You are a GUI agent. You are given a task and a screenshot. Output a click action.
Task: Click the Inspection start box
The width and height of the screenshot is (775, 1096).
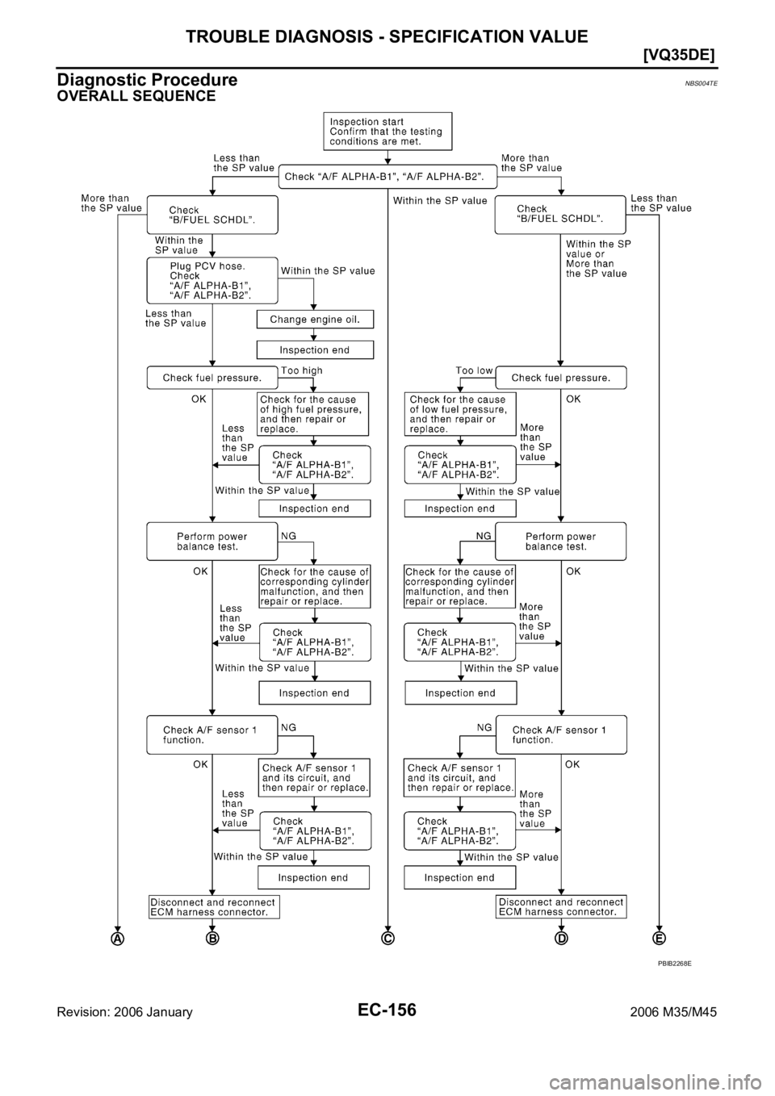[387, 131]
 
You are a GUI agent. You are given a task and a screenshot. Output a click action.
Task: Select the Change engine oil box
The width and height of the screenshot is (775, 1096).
[315, 320]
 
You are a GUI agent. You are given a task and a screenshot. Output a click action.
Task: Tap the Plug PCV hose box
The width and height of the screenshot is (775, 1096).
[212, 280]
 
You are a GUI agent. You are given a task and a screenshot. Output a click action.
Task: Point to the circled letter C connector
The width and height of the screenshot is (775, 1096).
[387, 939]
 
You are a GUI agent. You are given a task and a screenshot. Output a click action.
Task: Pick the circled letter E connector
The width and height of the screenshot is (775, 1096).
[659, 939]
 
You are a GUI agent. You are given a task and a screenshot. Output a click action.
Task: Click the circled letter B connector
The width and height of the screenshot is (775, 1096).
[212, 939]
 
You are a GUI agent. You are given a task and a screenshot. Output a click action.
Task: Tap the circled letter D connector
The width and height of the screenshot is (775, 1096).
[561, 939]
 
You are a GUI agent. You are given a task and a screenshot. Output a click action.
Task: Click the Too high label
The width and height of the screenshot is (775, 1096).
[302, 370]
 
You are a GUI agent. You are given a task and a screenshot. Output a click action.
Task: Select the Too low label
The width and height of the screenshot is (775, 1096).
[474, 370]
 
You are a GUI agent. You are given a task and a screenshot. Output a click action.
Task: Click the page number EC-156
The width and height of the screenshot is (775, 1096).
[387, 1010]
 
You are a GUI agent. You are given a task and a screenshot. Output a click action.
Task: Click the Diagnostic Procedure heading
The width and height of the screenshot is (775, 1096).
[147, 79]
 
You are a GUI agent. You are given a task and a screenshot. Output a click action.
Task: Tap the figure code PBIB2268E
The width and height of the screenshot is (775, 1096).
[674, 964]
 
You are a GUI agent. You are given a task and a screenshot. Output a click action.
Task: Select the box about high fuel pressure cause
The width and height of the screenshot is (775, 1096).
[312, 414]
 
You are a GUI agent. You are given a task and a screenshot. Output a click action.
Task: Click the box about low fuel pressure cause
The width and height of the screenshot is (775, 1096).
[460, 414]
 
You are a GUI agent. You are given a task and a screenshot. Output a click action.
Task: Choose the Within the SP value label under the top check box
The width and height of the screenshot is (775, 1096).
[440, 201]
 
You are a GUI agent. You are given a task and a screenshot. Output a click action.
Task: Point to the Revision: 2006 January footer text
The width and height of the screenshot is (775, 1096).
[125, 1012]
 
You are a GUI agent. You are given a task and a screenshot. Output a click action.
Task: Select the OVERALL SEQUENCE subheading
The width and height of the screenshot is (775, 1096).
[136, 96]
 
